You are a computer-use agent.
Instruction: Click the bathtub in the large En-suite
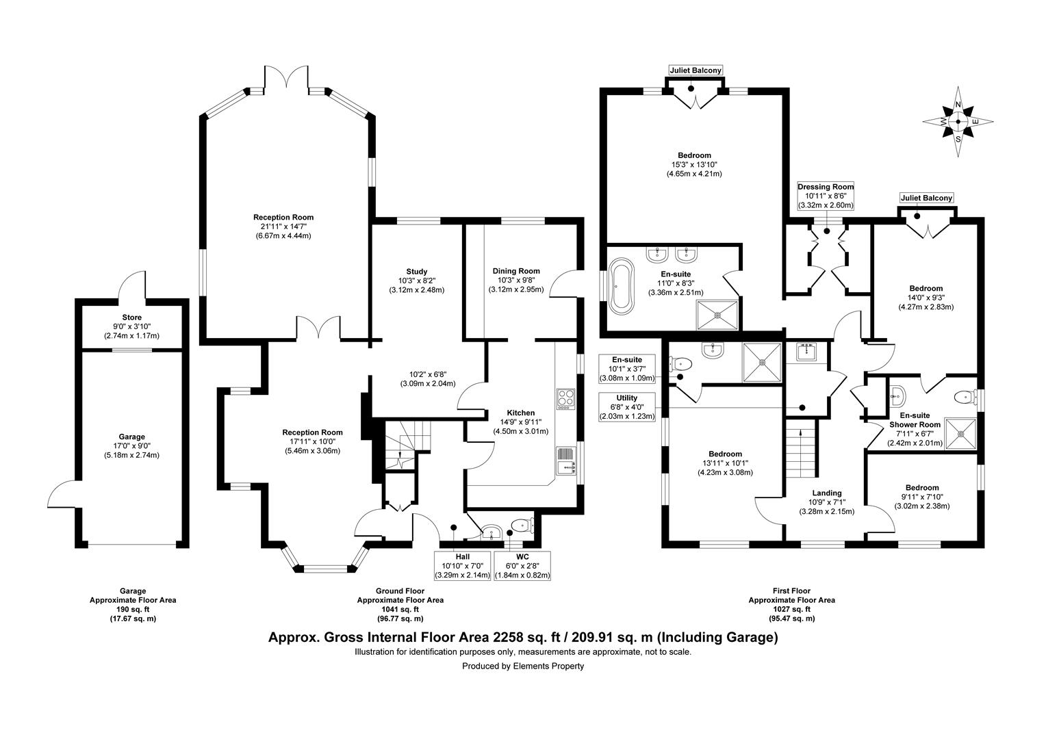click(x=622, y=285)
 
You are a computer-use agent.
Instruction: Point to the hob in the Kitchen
click(x=565, y=399)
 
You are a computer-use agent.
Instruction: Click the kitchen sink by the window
click(x=565, y=461)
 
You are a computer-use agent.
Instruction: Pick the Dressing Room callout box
click(x=826, y=196)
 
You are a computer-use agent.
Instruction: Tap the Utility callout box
click(x=627, y=406)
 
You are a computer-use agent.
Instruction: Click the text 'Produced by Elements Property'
click(x=523, y=666)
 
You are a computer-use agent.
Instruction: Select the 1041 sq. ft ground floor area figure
click(x=400, y=609)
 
